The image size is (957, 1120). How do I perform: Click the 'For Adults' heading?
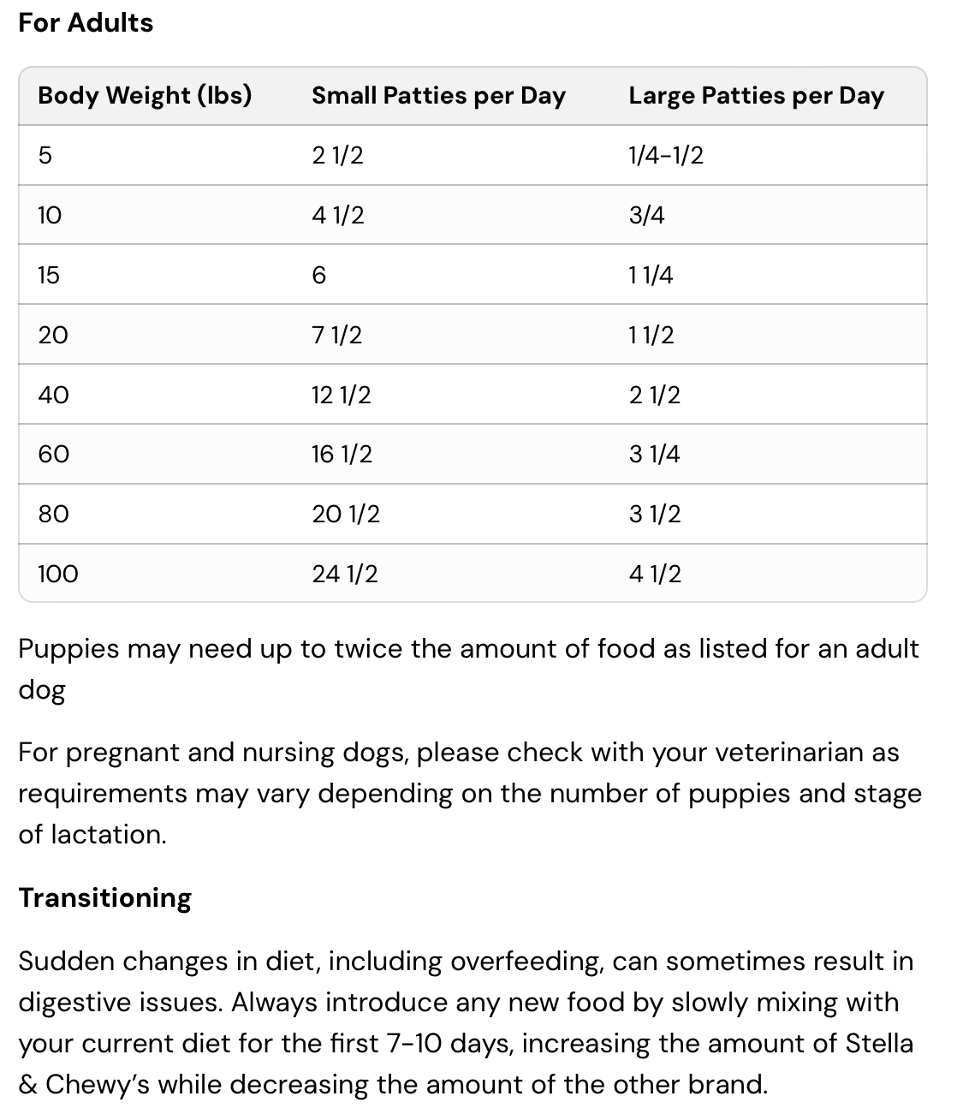[86, 22]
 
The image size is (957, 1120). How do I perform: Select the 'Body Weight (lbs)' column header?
[145, 95]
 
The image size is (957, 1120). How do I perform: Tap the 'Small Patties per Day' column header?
[438, 95]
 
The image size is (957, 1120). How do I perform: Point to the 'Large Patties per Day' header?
[756, 95]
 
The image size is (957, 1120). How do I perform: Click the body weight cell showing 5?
[45, 155]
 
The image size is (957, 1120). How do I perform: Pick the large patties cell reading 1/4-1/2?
[666, 155]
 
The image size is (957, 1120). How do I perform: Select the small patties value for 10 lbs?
[338, 215]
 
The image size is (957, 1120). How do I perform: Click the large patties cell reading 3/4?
[646, 215]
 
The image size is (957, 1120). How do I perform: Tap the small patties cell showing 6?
[319, 275]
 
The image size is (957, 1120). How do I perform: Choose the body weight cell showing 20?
[53, 335]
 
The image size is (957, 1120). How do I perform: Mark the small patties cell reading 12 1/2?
[342, 395]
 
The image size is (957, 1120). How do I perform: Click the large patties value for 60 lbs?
[654, 454]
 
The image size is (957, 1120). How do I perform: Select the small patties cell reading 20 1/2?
[346, 514]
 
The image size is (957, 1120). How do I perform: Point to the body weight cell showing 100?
[58, 574]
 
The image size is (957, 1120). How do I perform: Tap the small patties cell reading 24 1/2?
[345, 574]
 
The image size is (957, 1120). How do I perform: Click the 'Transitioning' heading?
[105, 897]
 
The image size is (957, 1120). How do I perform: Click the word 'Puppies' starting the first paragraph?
[68, 649]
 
